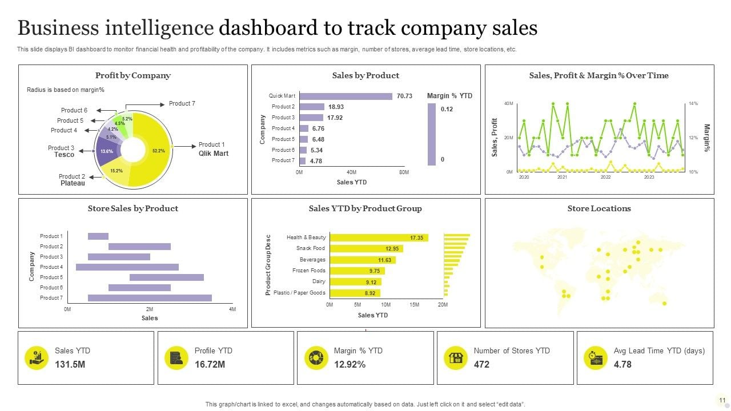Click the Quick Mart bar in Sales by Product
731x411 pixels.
coord(346,96)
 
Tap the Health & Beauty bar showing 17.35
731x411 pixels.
coord(379,237)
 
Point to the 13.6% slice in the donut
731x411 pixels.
coord(107,152)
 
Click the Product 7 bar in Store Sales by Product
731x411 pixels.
coord(150,297)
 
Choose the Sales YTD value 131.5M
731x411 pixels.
coord(70,364)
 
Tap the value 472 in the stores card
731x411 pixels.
coord(481,364)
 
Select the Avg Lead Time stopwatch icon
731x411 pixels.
coord(595,358)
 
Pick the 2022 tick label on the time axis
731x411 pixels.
coord(605,177)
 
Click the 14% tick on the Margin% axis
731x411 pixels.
coord(693,103)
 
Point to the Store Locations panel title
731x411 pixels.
coord(599,208)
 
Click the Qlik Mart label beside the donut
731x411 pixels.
coord(213,153)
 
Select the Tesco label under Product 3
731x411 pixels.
coord(64,155)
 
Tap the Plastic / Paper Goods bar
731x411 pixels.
coord(355,293)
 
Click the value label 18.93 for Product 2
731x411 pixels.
coord(336,107)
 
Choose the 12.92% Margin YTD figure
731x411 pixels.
coord(350,364)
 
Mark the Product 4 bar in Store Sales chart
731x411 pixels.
coord(127,267)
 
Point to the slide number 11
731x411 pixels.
coord(722,400)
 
